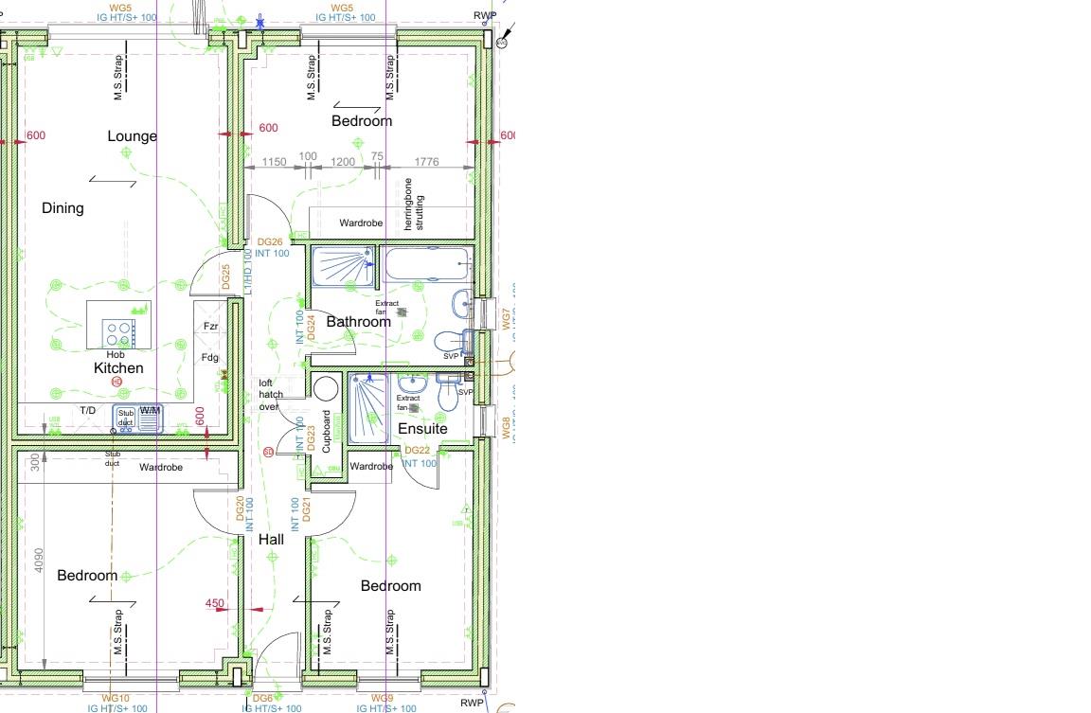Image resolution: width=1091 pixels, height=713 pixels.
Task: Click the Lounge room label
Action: pos(132,136)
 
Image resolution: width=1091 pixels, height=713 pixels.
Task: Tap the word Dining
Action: pos(63,208)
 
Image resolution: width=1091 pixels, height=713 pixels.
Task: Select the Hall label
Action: pos(271,540)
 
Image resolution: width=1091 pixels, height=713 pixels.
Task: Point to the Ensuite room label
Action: pos(421,429)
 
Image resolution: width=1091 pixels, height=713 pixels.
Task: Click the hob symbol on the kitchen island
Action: pos(118,332)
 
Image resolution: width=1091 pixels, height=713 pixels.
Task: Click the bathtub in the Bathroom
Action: pos(427,264)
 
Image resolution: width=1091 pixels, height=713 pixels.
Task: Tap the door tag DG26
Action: pos(270,242)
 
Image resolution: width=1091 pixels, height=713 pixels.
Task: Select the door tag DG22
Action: pos(418,451)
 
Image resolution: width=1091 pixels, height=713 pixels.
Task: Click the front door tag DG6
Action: pos(263,699)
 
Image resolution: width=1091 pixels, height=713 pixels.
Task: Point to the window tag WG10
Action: pos(116,699)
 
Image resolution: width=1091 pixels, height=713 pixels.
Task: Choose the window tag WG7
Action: pos(506,319)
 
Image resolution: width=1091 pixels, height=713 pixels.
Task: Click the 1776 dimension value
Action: pos(427,162)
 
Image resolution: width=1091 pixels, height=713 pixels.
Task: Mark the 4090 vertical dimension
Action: pos(38,561)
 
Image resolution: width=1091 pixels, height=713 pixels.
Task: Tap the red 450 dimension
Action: pos(215,603)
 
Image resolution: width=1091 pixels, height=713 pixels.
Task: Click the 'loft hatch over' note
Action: pos(271,395)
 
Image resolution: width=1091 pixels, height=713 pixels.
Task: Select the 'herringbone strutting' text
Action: pos(414,203)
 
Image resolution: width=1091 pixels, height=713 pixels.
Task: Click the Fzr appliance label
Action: pos(211,327)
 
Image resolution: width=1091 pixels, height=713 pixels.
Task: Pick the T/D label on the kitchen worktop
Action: pos(87,410)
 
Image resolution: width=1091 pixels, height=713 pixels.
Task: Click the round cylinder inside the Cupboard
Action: pos(326,389)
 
